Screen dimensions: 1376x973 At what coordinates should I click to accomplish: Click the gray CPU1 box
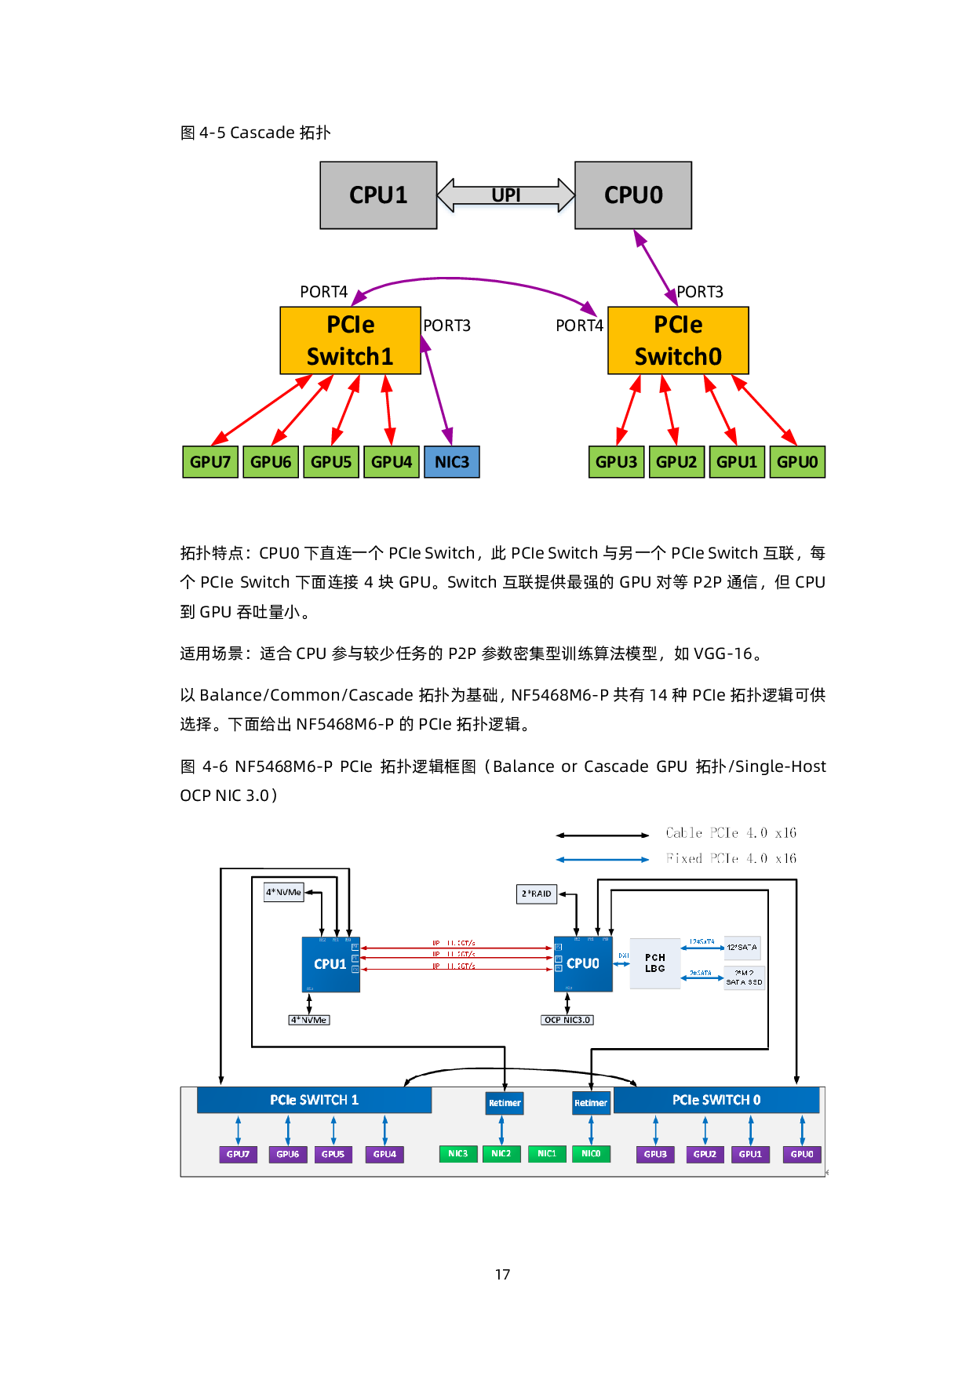pos(378,195)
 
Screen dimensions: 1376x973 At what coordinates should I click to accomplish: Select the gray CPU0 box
pos(633,195)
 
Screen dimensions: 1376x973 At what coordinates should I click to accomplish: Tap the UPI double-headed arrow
pos(506,196)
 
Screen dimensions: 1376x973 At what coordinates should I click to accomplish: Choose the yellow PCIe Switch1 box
pos(350,340)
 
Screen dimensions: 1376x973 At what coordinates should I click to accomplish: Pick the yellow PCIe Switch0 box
pos(678,340)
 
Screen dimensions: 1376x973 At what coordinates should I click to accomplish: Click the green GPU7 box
pos(210,462)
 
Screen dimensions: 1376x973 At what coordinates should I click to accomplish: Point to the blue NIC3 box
pos(452,462)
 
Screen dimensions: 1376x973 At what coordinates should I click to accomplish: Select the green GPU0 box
pos(797,462)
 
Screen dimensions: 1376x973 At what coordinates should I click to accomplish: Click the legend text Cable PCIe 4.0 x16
pos(731,833)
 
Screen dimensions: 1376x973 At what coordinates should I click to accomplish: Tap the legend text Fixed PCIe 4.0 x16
pos(731,859)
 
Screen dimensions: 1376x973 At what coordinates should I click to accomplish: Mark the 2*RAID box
pos(537,894)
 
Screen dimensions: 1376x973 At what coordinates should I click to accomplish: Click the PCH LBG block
pos(655,963)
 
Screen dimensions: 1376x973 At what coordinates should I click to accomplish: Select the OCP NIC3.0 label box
pos(567,1020)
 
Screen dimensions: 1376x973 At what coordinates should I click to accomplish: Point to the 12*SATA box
pos(742,948)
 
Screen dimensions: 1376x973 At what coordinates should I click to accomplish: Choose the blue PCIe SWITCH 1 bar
pos(314,1100)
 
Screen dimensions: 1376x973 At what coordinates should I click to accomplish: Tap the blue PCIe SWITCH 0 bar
pos(716,1100)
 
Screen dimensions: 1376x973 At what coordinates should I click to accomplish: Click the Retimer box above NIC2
pos(505,1103)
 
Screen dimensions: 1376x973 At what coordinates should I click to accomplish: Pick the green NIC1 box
pos(547,1154)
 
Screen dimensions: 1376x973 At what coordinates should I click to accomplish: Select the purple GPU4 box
pos(384,1154)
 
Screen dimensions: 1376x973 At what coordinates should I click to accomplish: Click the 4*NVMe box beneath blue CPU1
pos(309,1020)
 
